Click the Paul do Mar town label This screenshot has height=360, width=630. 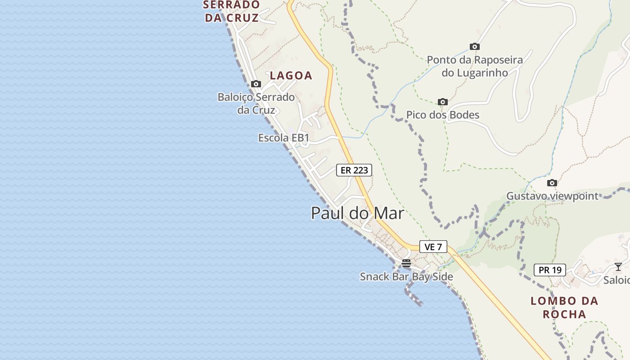click(x=357, y=213)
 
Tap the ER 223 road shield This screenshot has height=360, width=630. click(x=354, y=170)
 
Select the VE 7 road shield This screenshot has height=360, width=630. click(x=433, y=247)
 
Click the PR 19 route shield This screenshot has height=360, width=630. click(x=550, y=270)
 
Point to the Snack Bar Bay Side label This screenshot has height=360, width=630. click(x=406, y=277)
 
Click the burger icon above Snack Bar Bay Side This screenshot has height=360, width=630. click(x=406, y=263)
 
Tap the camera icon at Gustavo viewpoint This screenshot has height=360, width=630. click(x=552, y=183)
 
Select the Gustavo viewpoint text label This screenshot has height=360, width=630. click(x=552, y=196)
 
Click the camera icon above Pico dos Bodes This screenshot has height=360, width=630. click(x=443, y=102)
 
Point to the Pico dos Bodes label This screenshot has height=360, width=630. click(x=443, y=115)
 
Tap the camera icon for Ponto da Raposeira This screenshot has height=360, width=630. click(x=475, y=46)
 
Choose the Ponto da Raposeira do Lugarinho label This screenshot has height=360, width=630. click(x=475, y=66)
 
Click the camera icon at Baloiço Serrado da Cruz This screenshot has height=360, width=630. click(x=256, y=84)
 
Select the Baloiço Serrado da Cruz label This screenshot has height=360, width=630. click(x=256, y=103)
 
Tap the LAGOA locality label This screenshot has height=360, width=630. click(x=291, y=76)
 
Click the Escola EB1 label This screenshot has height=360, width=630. click(x=283, y=138)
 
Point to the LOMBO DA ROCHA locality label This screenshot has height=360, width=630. click(x=564, y=307)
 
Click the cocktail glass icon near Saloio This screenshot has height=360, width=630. click(x=618, y=267)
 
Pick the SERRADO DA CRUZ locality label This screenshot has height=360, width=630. click(x=232, y=11)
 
